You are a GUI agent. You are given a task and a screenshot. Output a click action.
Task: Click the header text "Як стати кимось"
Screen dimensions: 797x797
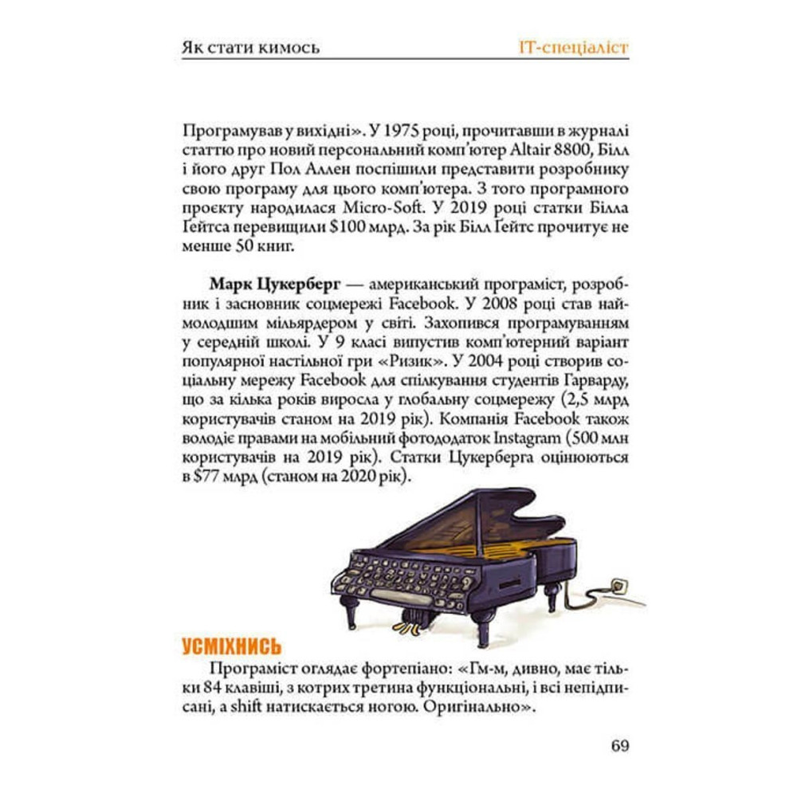point(251,47)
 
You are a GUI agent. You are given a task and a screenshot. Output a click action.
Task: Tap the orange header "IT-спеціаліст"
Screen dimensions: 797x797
point(571,47)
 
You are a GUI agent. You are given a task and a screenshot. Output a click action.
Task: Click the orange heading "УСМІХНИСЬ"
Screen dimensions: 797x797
point(232,646)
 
